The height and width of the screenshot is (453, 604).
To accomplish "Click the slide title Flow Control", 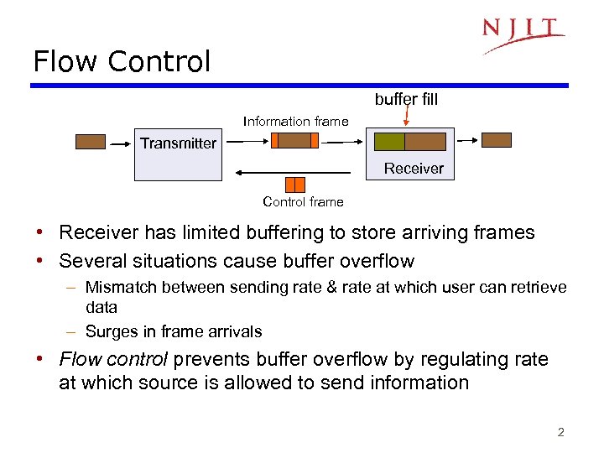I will tap(122, 61).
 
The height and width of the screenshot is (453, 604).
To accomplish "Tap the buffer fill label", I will tap(406, 100).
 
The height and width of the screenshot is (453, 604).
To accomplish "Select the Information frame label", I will tap(295, 122).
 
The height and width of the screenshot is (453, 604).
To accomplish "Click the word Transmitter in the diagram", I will tap(178, 143).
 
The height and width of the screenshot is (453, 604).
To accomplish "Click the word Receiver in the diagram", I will tap(414, 169).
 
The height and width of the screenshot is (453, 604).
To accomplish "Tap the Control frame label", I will tap(303, 201).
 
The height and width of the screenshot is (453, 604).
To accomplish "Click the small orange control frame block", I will tap(294, 185).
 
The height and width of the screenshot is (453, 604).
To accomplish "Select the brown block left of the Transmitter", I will tap(91, 141).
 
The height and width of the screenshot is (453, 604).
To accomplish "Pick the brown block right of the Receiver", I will tap(496, 140).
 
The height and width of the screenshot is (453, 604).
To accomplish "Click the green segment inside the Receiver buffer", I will tap(390, 141).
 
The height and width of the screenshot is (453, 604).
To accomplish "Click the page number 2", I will tap(560, 433).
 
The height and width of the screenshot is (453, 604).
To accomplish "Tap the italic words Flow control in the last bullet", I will tap(113, 360).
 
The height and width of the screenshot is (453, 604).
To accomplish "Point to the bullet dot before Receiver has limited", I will tap(40, 232).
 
